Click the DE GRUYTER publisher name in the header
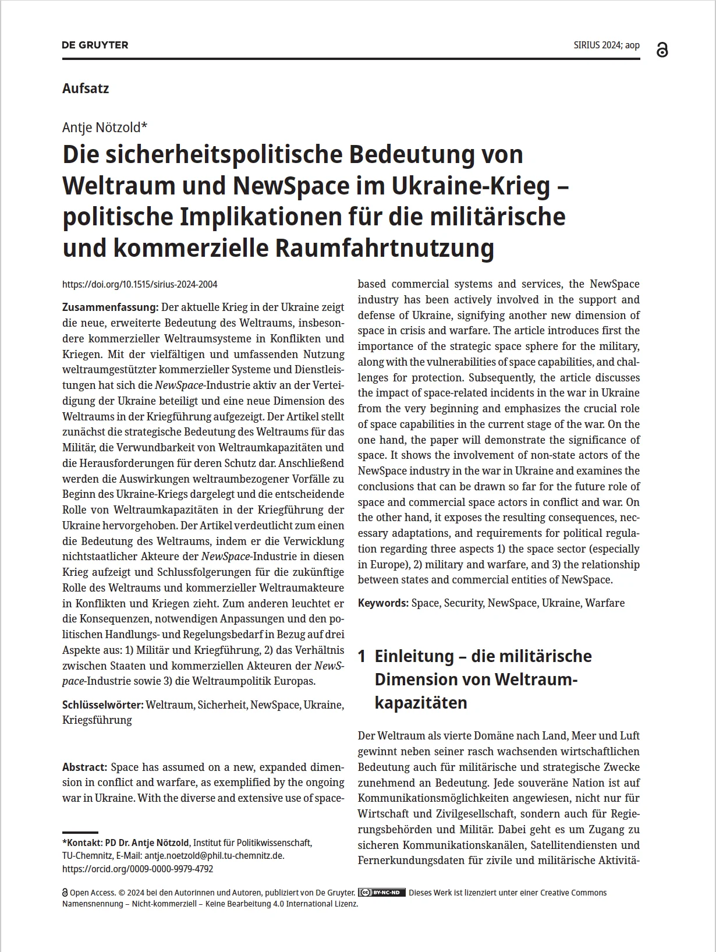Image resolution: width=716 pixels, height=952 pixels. (95, 45)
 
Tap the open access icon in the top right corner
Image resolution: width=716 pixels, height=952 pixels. (662, 50)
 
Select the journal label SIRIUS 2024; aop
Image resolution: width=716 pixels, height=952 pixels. (606, 45)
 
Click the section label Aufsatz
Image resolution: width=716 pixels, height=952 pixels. (86, 89)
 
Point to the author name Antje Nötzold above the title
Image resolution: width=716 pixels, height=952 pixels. (105, 127)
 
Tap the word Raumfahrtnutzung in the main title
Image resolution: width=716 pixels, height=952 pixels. (384, 248)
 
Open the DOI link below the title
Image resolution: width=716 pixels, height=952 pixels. (140, 285)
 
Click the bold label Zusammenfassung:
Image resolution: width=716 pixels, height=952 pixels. (110, 307)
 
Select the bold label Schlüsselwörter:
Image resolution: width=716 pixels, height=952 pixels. (102, 705)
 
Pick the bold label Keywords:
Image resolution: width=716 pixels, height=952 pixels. (383, 603)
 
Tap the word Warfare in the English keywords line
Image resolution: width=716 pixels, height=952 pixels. (605, 603)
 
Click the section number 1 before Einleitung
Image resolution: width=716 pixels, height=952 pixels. (361, 656)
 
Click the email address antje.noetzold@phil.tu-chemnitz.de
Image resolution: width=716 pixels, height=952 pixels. (214, 856)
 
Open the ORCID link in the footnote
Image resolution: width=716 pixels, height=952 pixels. (138, 869)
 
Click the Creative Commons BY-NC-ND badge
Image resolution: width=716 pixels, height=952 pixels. (382, 893)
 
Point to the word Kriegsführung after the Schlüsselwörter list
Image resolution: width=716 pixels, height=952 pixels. (97, 720)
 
